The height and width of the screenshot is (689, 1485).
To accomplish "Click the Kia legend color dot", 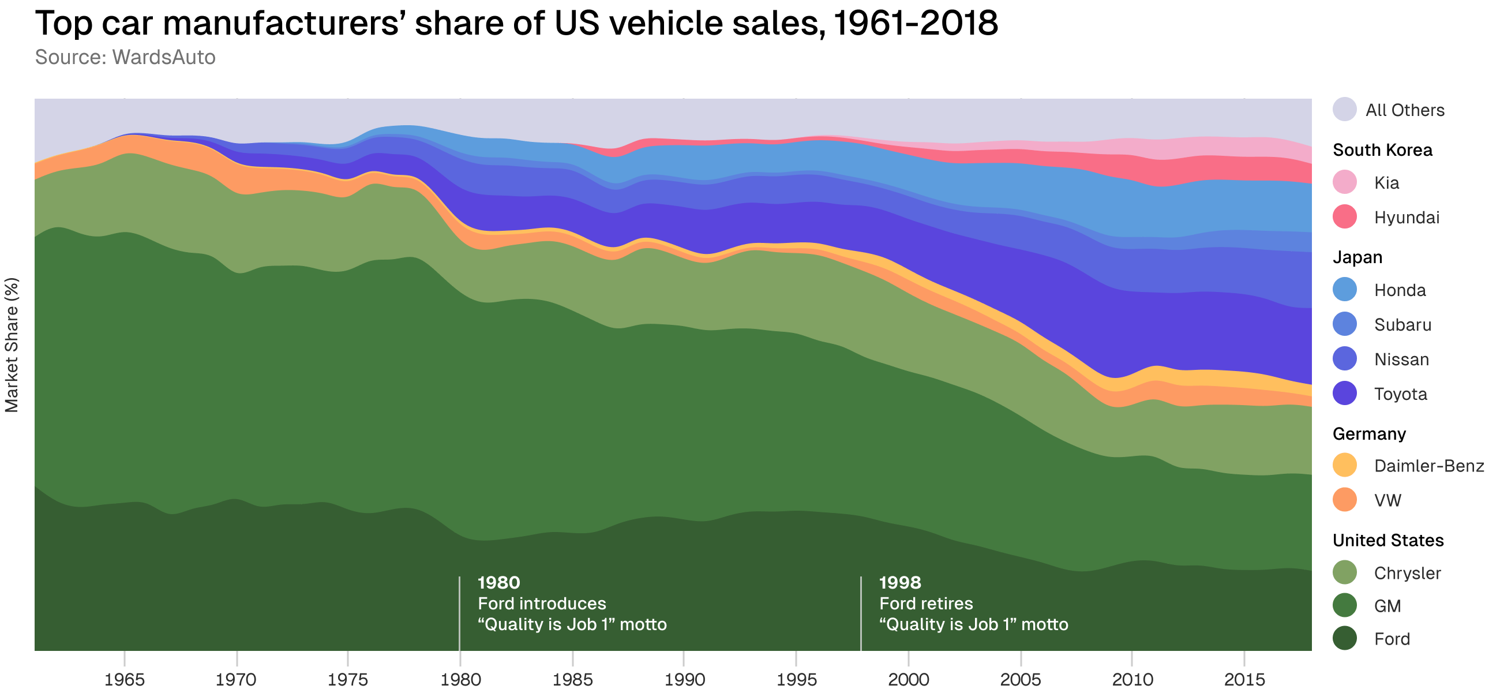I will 1345,182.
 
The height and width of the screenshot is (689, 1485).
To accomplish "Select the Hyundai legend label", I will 1407,218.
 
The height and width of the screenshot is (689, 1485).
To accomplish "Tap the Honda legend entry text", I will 1400,290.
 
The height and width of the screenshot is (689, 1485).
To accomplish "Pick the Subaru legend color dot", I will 1345,324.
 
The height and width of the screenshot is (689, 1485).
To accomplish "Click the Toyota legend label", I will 1400,394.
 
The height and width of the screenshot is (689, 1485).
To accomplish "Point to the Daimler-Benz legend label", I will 1428,466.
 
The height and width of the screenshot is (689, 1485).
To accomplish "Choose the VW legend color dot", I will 1345,500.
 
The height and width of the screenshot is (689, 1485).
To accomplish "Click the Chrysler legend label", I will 1407,573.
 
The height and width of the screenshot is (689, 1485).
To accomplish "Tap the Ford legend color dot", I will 1345,638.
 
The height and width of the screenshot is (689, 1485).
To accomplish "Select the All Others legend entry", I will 1404,110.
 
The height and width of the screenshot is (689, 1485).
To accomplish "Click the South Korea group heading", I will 1382,150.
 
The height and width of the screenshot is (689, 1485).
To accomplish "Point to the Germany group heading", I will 1369,434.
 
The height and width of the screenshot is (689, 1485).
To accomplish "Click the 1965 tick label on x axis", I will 124,679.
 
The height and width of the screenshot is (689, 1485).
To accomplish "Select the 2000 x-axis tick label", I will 908,679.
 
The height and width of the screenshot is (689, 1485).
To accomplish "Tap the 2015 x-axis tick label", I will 1244,679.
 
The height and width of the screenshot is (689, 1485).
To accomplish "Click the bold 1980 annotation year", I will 498,583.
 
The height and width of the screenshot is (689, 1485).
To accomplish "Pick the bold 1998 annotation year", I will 900,583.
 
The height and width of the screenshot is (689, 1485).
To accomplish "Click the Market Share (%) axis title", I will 12,345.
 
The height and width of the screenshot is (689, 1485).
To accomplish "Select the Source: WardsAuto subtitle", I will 125,58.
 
